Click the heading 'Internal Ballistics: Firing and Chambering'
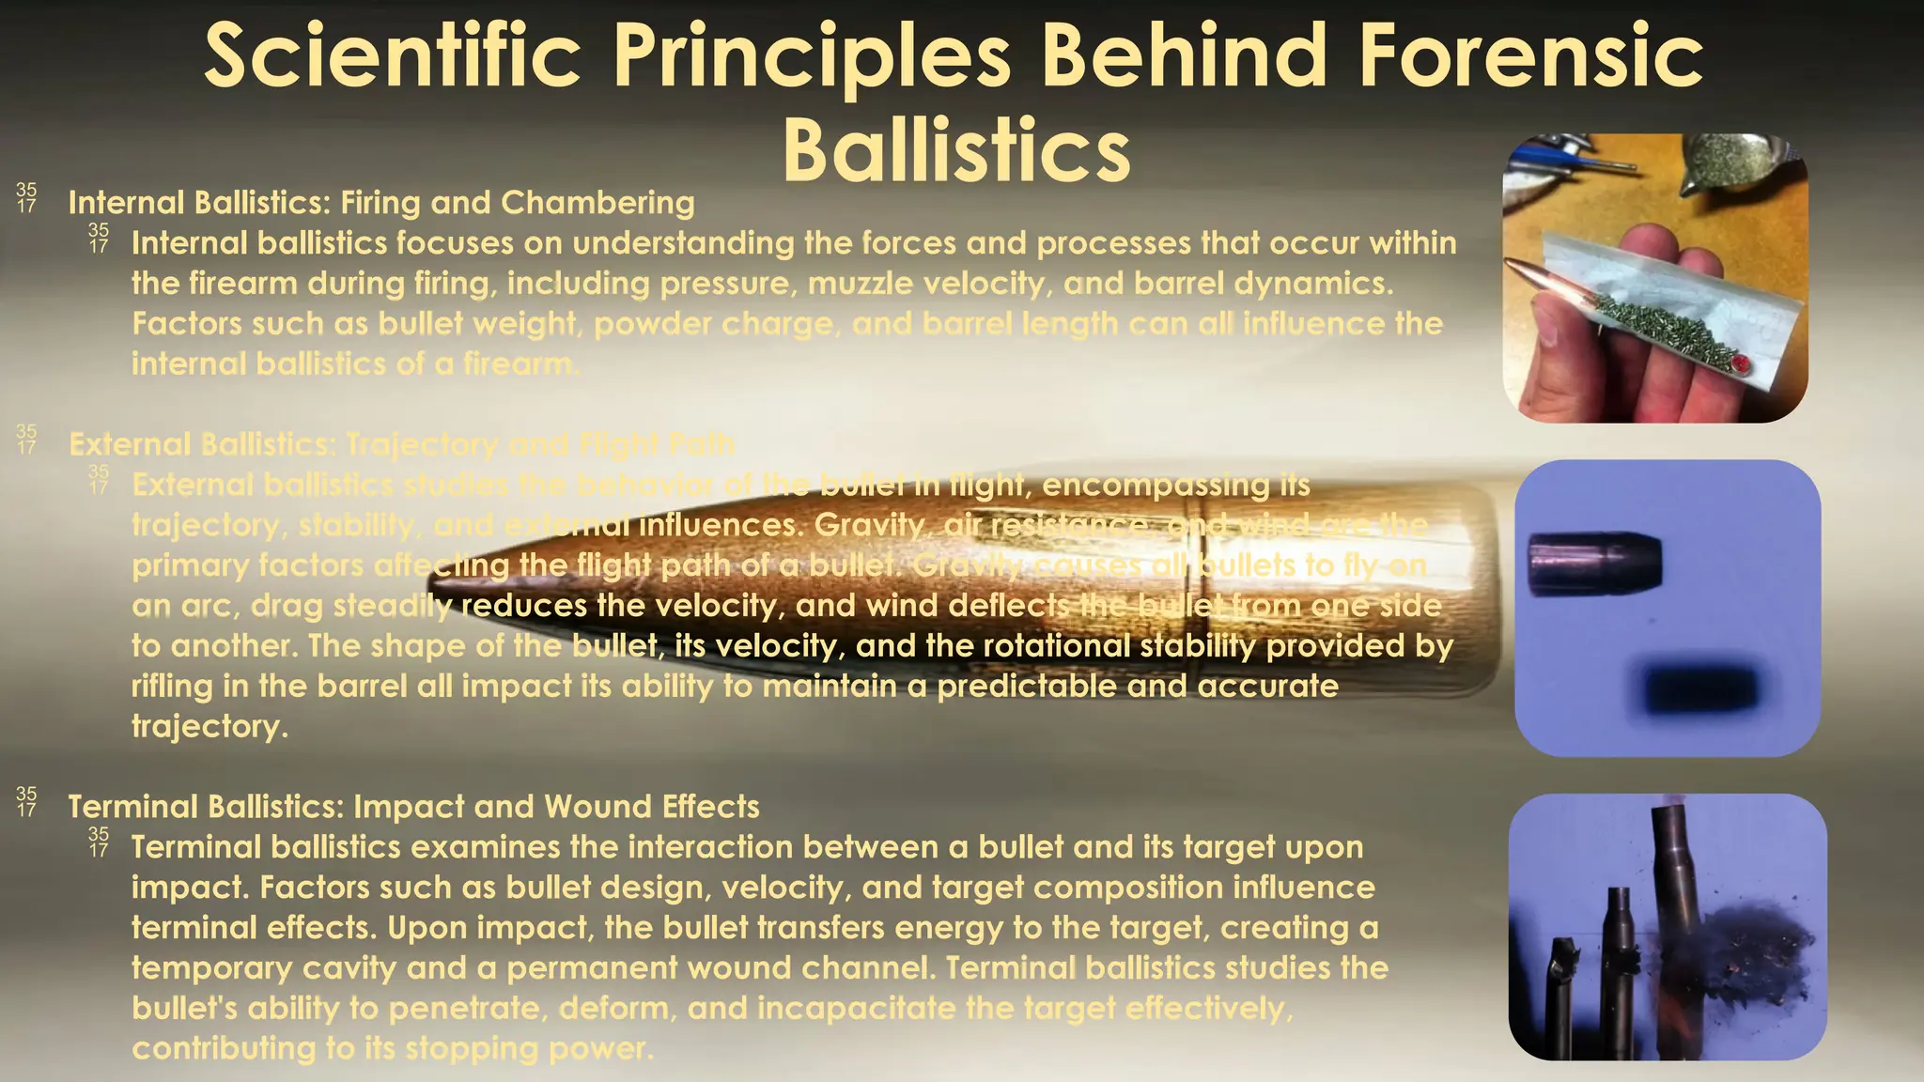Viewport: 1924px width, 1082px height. click(380, 203)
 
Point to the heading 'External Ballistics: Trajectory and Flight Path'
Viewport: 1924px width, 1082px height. click(401, 444)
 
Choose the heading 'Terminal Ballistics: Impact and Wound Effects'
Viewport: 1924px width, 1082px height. click(413, 807)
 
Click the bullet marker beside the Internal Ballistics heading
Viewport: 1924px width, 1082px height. click(26, 198)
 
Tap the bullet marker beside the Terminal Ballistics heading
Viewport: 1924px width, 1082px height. click(26, 802)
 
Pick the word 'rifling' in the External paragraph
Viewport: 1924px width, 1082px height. click(172, 687)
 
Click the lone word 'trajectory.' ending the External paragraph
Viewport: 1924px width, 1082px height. click(209, 727)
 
